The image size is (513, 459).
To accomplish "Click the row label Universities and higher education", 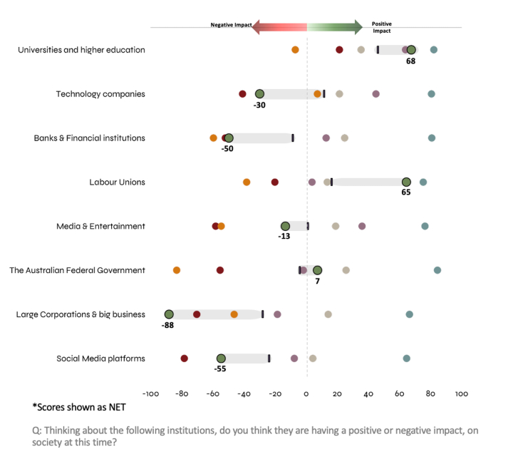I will [81, 50].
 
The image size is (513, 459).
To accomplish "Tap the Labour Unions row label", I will [117, 182].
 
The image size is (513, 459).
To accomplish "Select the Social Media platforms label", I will [100, 358].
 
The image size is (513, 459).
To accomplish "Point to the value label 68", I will [410, 61].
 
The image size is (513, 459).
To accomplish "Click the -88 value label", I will [167, 325].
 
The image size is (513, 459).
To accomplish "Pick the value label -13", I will [284, 237].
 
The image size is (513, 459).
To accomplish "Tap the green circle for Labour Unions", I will [406, 182].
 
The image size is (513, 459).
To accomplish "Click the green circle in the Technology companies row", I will [259, 94].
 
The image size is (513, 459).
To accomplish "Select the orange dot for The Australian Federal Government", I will [177, 270].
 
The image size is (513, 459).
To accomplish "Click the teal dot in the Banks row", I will [432, 138].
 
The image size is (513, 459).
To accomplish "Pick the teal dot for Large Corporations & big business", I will [410, 314].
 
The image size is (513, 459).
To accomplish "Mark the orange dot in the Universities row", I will [296, 50].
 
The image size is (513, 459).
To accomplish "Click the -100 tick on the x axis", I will [150, 393].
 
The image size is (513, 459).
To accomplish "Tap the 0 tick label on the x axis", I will [306, 393].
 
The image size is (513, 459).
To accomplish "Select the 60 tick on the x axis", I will [400, 393].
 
